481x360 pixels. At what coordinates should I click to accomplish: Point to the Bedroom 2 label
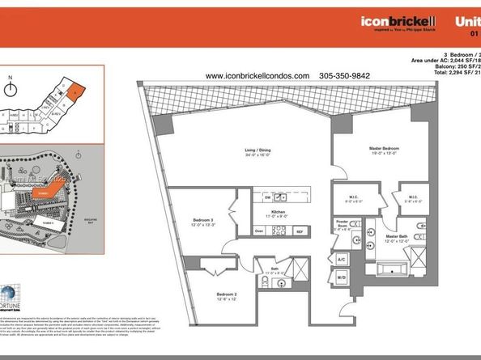pyautogui.click(x=226, y=294)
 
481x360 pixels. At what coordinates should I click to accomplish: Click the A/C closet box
pyautogui.click(x=341, y=259)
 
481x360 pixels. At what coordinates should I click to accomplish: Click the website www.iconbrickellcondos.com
pyautogui.click(x=258, y=75)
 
